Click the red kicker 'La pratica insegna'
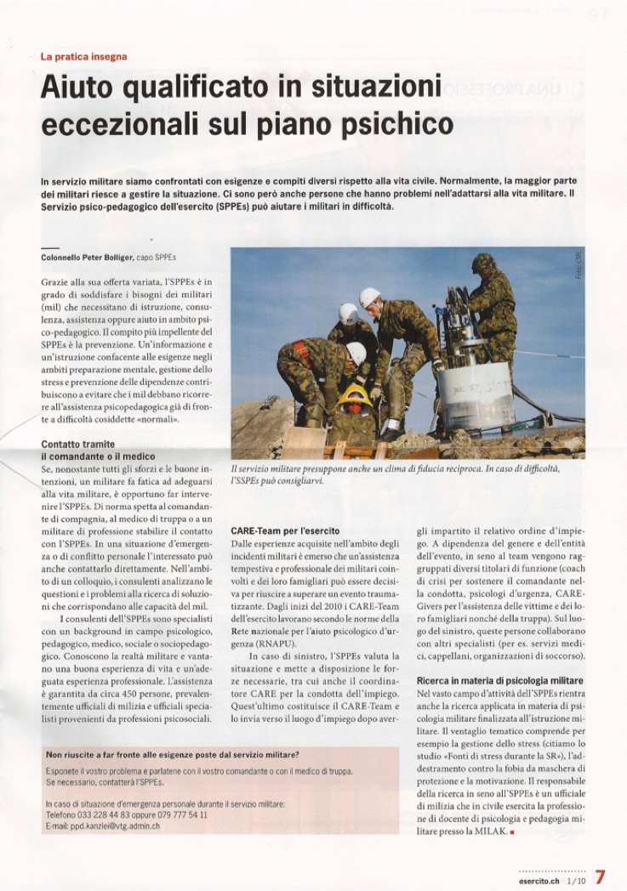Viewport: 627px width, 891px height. click(x=83, y=57)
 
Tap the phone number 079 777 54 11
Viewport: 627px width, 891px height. click(x=182, y=814)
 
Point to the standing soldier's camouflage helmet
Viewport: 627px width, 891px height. click(x=483, y=264)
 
